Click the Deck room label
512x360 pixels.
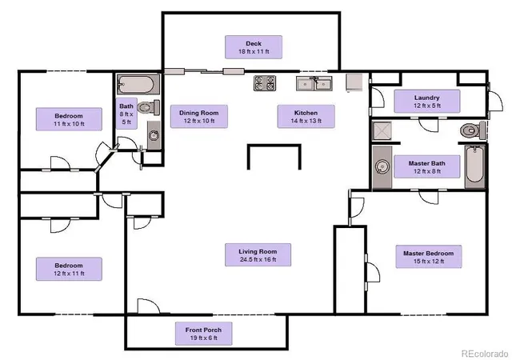[x=254, y=47]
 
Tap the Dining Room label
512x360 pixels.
[x=199, y=116]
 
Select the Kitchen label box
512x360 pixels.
[x=306, y=116]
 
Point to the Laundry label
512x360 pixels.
[x=426, y=102]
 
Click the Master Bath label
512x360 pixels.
[x=426, y=166]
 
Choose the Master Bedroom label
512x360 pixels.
[x=429, y=257]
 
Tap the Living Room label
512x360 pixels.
[x=258, y=255]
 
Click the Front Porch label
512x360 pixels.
[x=203, y=334]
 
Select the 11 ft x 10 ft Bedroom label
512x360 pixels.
[x=69, y=119]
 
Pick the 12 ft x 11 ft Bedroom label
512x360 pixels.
[x=69, y=269]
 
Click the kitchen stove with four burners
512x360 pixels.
[x=265, y=83]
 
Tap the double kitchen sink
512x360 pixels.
[x=314, y=84]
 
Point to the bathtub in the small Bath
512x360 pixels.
[x=138, y=84]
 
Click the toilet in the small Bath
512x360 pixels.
[x=149, y=107]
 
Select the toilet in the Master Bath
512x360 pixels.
[x=473, y=130]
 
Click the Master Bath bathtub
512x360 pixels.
[x=475, y=166]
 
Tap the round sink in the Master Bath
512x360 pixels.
[x=382, y=167]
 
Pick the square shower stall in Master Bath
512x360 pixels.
[x=382, y=130]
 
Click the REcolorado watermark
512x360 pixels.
[x=485, y=354]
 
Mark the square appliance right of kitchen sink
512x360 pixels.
[x=354, y=82]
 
